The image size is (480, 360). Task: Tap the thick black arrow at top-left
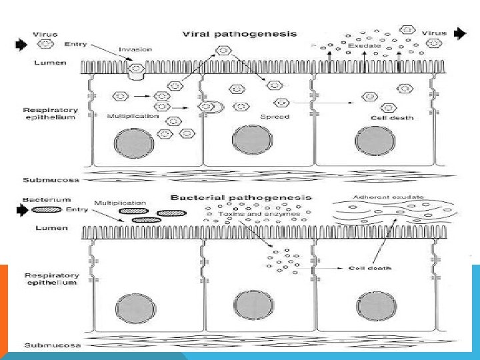click(x=21, y=44)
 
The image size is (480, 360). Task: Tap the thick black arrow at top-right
click(x=460, y=33)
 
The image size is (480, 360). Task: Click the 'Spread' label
click(x=279, y=117)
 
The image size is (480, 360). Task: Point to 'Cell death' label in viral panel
click(x=392, y=118)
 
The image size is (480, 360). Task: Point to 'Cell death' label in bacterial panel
click(x=370, y=269)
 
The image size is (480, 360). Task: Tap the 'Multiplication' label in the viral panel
click(x=133, y=116)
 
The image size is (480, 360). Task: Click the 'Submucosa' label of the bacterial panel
click(x=47, y=345)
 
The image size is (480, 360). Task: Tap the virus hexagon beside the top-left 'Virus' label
click(x=45, y=44)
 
